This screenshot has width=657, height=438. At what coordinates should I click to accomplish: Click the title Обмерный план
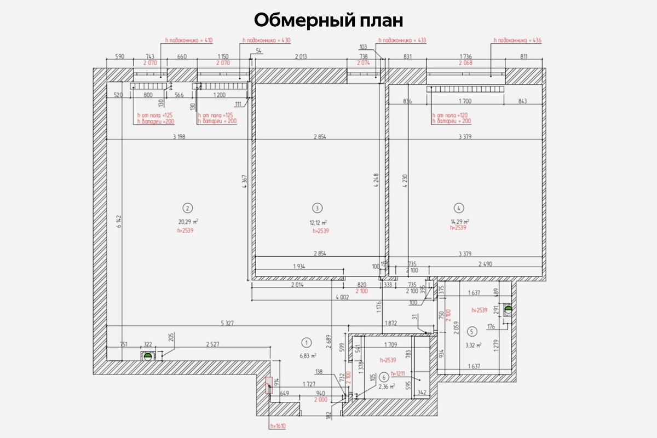(328, 20)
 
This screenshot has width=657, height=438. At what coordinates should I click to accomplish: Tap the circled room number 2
(188, 208)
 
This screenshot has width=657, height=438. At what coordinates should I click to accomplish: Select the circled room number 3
(317, 208)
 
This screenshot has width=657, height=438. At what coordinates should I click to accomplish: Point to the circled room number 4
(459, 208)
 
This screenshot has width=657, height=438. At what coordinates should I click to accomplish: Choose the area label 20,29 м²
(188, 222)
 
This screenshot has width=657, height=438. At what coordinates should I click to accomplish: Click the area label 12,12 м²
(318, 222)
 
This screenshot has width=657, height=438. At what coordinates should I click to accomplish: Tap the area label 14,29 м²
(459, 221)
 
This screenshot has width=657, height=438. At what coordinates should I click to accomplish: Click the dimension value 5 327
(227, 323)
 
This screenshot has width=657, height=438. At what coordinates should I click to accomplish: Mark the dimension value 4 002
(342, 297)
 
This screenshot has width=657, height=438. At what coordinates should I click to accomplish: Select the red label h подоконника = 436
(517, 41)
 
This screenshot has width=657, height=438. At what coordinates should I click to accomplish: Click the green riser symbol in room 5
(508, 309)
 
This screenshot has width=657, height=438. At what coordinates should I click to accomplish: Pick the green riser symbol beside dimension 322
(147, 356)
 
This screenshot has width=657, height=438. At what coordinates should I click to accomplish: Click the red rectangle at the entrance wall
(269, 385)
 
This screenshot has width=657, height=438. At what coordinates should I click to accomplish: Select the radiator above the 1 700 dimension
(465, 89)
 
